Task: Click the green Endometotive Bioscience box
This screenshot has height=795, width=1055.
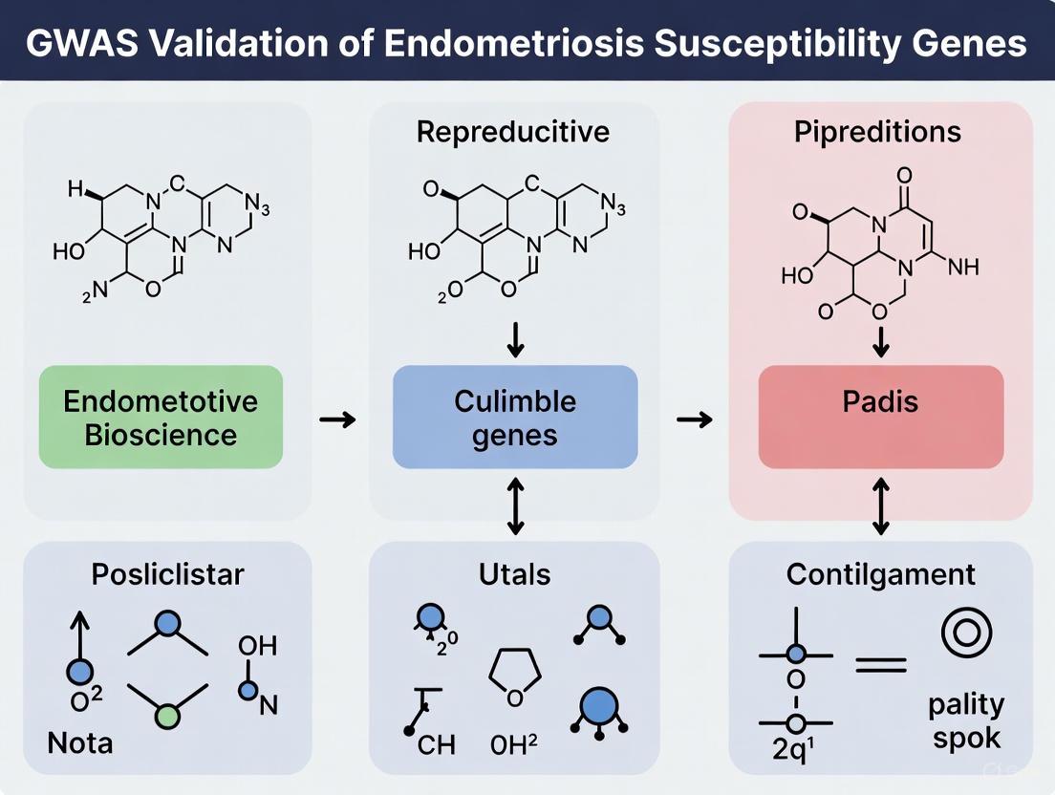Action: (x=161, y=417)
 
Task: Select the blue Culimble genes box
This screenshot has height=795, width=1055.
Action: (x=515, y=417)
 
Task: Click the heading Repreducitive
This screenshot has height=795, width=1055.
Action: (x=513, y=132)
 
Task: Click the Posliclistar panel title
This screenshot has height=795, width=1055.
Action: (x=167, y=574)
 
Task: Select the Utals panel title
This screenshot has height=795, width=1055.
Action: (x=515, y=574)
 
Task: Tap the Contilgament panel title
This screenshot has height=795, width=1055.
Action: (x=880, y=574)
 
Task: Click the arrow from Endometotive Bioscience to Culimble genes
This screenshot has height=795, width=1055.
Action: (x=337, y=419)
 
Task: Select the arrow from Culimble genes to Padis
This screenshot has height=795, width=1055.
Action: (x=696, y=419)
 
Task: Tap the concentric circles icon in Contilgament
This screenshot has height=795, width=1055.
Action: (x=966, y=633)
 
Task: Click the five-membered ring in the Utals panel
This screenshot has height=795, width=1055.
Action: (x=515, y=678)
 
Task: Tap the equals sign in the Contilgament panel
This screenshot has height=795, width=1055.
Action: (x=880, y=662)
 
